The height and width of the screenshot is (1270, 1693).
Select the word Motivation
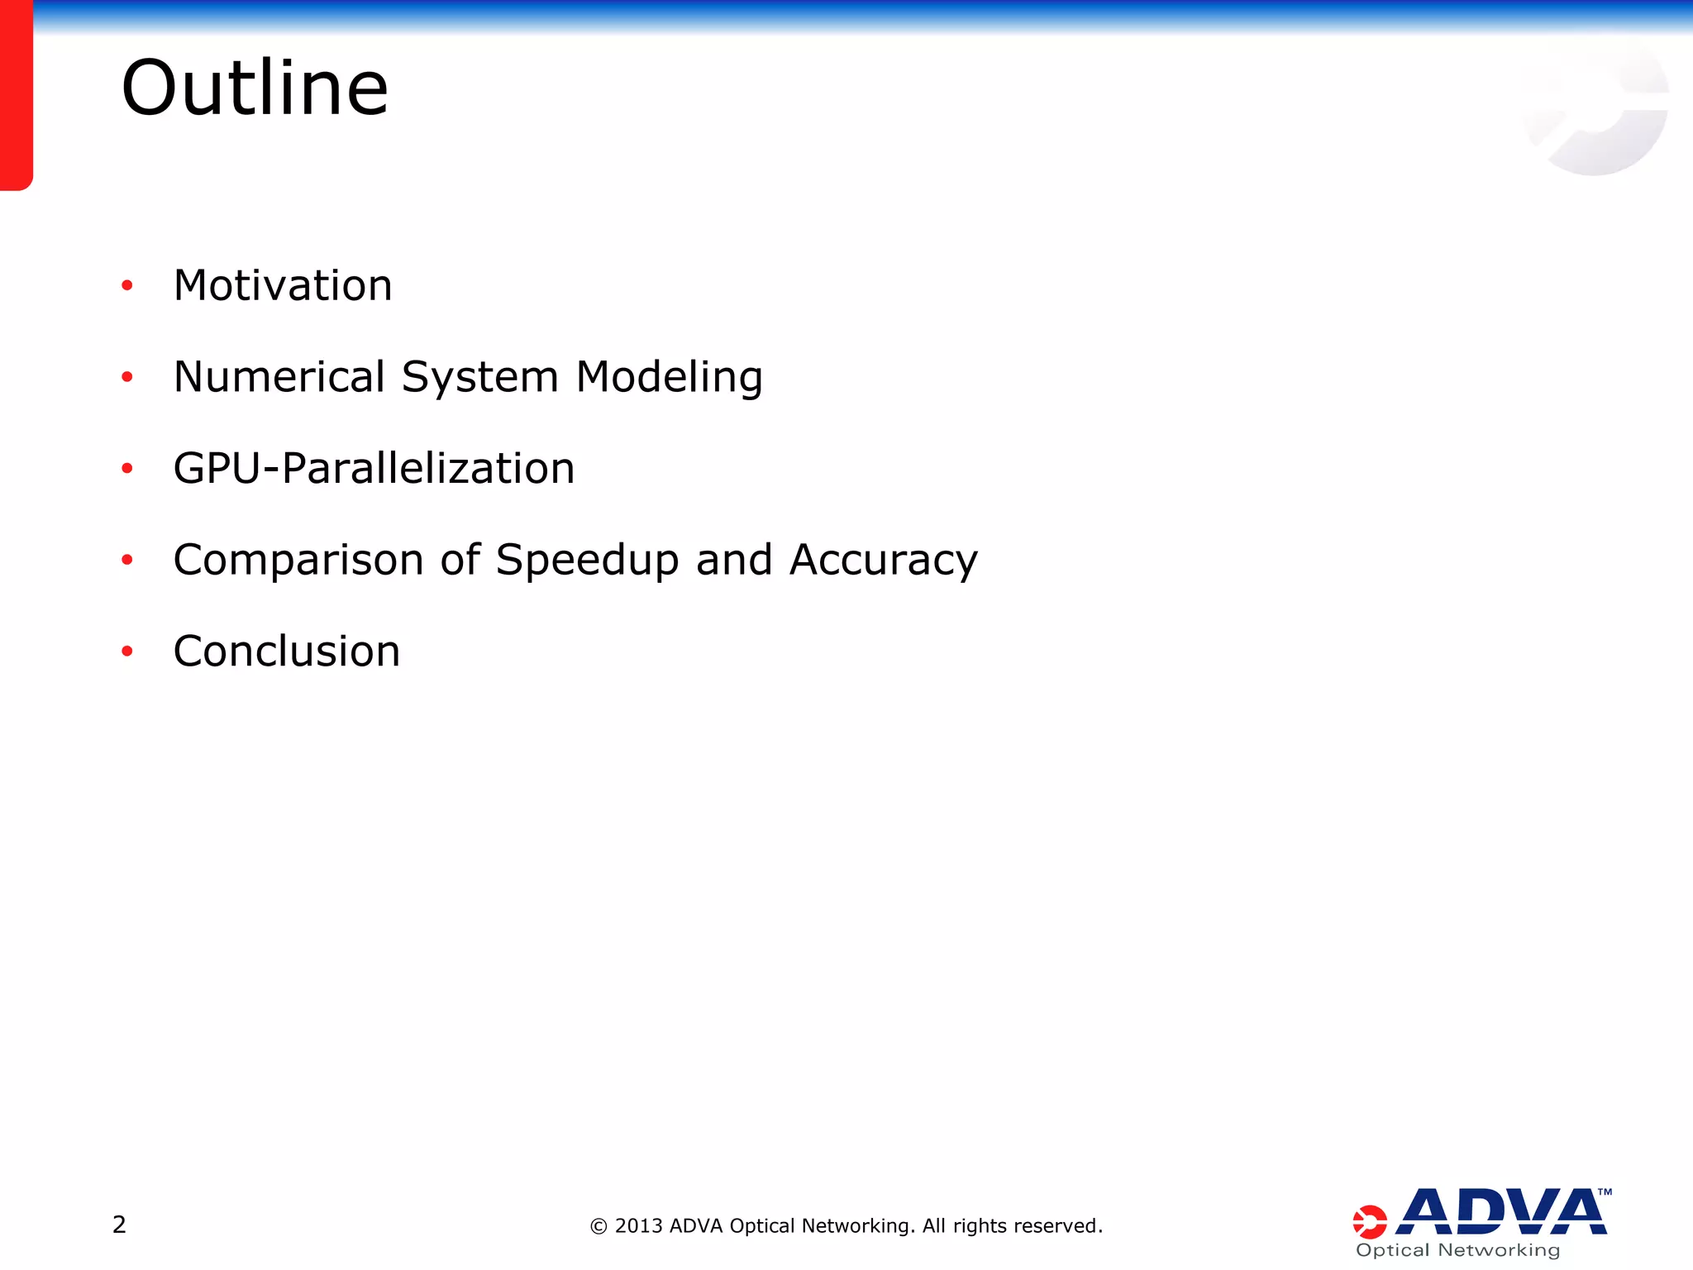click(x=283, y=286)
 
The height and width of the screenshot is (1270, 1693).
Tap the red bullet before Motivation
click(x=126, y=286)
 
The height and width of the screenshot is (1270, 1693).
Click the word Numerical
click(x=279, y=377)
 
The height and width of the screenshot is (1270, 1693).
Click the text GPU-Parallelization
click(x=374, y=469)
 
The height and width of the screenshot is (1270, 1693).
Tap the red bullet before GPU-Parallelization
click(x=126, y=469)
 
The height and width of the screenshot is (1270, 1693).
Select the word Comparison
click(x=298, y=561)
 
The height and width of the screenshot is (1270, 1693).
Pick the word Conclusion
click(x=287, y=652)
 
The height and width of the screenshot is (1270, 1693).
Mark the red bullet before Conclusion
click(x=126, y=652)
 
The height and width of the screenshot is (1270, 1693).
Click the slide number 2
click(x=119, y=1225)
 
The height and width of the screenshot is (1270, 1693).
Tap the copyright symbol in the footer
click(x=599, y=1226)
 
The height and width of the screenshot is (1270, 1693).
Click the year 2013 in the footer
click(x=639, y=1226)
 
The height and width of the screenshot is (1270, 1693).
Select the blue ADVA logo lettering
click(x=1500, y=1212)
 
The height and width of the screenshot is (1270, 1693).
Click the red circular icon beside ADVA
click(x=1369, y=1222)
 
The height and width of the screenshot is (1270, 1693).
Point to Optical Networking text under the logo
click(x=1458, y=1250)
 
